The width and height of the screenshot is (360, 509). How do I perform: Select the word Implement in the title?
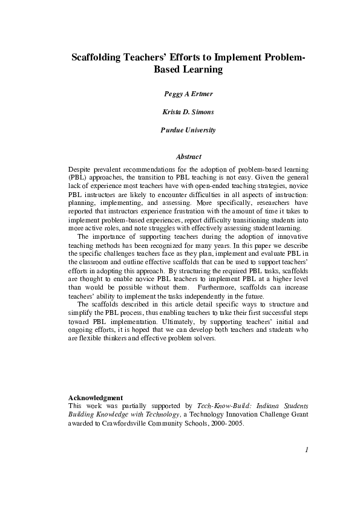237,57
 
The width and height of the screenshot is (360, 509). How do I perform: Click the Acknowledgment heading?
97,397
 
